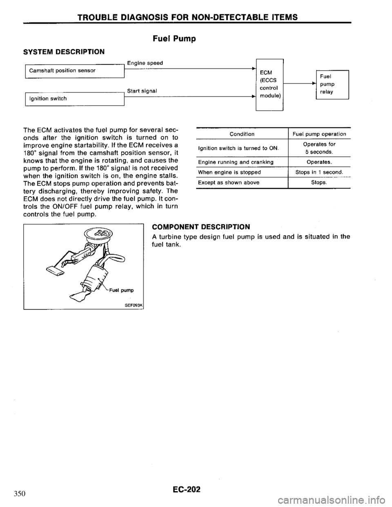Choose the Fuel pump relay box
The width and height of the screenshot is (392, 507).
[x=329, y=84]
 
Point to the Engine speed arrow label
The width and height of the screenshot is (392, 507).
[x=145, y=63]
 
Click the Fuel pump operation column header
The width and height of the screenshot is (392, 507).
[x=319, y=134]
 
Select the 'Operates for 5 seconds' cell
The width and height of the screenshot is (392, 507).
[x=319, y=148]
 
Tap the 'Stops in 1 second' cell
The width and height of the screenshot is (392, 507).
[x=319, y=172]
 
